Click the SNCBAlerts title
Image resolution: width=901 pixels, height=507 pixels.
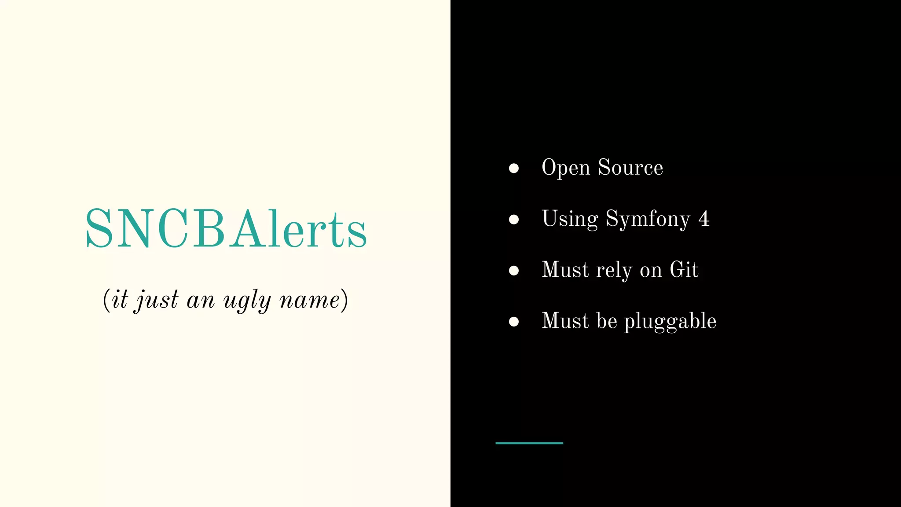[226, 229]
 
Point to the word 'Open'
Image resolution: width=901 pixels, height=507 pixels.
[566, 168]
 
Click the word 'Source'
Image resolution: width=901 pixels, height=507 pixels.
[630, 167]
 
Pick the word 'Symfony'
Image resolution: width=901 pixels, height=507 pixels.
[648, 219]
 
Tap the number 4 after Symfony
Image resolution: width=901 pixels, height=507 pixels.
[704, 219]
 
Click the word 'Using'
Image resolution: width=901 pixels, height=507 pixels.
[570, 219]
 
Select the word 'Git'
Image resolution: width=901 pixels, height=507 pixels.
[684, 269]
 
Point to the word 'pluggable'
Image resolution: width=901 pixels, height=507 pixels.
[670, 321]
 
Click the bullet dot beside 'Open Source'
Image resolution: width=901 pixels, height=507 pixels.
[513, 168]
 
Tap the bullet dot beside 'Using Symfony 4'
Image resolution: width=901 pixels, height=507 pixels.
[513, 219]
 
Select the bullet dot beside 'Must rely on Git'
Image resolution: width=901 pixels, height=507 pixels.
[513, 270]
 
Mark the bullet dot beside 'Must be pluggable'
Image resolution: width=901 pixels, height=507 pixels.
[513, 321]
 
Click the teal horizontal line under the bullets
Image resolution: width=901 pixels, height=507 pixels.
[529, 443]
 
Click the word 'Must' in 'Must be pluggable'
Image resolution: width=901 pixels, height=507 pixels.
[565, 320]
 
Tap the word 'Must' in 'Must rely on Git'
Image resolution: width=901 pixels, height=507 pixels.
[565, 269]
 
